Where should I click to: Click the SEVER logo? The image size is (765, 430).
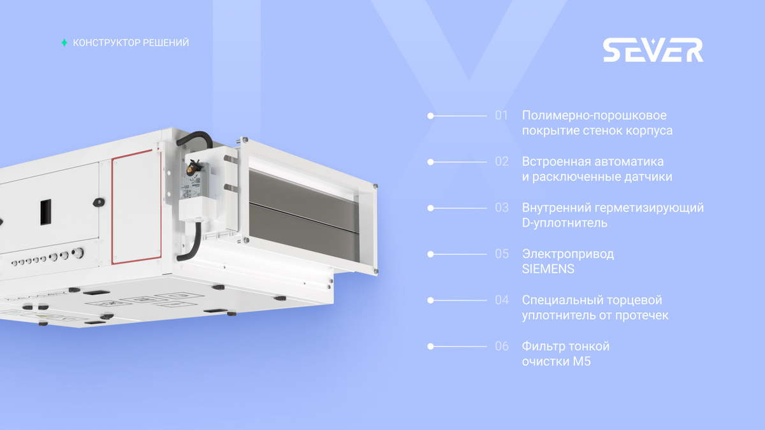click(x=653, y=50)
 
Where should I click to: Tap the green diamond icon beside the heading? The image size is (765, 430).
click(x=64, y=43)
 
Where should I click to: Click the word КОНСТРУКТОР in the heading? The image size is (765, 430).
click(x=106, y=43)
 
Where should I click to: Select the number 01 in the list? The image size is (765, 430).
click(x=501, y=115)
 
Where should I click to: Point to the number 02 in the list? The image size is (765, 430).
click(x=502, y=161)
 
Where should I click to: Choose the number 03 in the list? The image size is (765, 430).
click(x=502, y=208)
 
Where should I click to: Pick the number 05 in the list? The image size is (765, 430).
click(x=502, y=254)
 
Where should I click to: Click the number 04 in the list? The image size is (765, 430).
click(x=502, y=300)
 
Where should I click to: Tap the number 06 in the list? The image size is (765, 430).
click(x=502, y=346)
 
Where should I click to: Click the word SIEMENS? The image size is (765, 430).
click(x=548, y=269)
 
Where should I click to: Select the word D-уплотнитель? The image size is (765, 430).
click(x=565, y=223)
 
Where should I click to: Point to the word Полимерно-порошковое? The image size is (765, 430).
click(x=594, y=115)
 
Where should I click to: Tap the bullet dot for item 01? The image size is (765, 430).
click(x=431, y=116)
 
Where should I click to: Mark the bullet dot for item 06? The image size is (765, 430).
click(x=431, y=347)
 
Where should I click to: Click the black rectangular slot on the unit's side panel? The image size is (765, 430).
click(x=46, y=212)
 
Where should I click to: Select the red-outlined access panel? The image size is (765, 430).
click(x=136, y=207)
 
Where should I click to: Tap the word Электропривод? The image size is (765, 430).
click(x=568, y=254)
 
